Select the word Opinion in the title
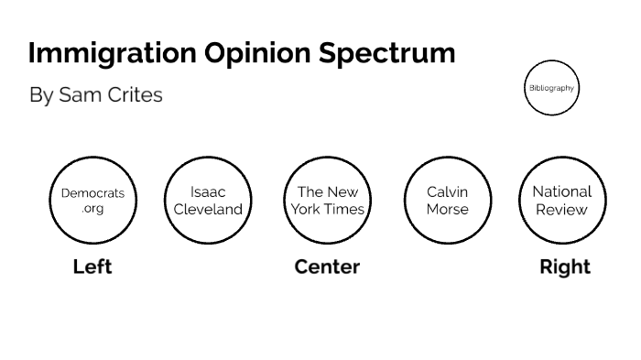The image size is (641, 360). [x=253, y=53]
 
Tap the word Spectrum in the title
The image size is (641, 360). [x=387, y=53]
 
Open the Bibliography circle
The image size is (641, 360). [x=552, y=88]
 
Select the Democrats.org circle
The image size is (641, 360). [x=92, y=201]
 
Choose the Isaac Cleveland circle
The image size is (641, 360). [x=208, y=201]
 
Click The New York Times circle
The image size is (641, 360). [x=328, y=201]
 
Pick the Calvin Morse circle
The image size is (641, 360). [x=448, y=201]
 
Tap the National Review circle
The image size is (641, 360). [x=562, y=201]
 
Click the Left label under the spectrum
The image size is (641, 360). [x=92, y=267]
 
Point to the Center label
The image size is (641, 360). [x=327, y=267]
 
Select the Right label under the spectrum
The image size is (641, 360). [x=565, y=267]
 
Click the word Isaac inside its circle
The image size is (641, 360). [x=208, y=192]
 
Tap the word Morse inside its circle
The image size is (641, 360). [x=447, y=209]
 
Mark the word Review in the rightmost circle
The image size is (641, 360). [x=562, y=209]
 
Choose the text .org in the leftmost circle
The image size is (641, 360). [x=92, y=209]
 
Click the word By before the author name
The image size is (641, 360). [x=41, y=95]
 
